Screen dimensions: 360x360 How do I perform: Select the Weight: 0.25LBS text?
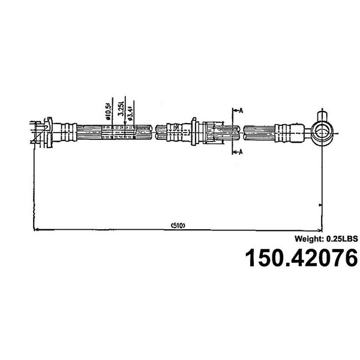coord(326,238)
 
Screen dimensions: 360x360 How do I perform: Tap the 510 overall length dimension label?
coord(176,226)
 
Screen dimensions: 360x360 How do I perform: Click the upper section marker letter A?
coord(241,110)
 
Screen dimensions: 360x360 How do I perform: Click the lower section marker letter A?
coord(241,151)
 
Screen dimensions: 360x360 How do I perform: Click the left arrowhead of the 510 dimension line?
coord(35,229)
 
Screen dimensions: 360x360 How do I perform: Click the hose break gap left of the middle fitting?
coord(152,130)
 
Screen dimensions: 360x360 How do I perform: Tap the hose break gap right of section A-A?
coord(242,130)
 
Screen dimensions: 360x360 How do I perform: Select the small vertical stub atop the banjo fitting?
coord(321,115)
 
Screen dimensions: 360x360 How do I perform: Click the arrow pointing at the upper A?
coord(235,110)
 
